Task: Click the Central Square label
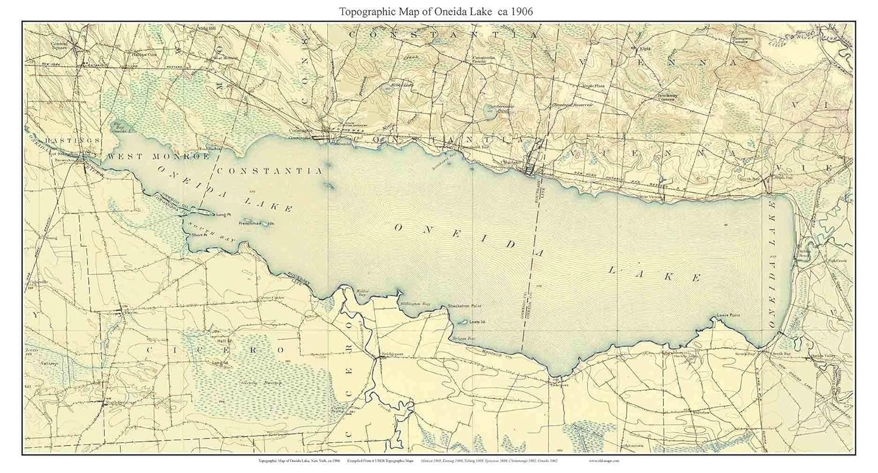coord(60,46)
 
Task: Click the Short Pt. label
coord(199,235)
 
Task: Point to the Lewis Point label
coord(728,316)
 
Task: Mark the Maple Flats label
coord(592,85)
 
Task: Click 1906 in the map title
coord(519,11)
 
